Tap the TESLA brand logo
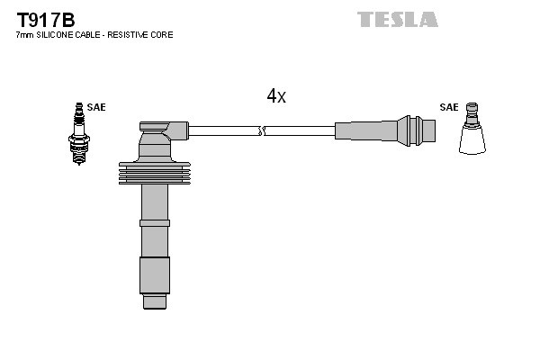point(397,19)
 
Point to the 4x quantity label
point(275,96)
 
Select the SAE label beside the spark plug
point(96,107)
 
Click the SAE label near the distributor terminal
point(448,107)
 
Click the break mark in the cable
point(261,131)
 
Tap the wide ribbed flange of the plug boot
point(155,174)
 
